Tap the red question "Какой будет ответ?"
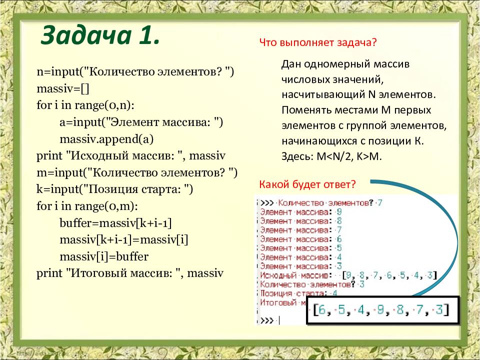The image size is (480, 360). click(x=307, y=184)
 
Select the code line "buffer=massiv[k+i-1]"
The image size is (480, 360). click(x=115, y=223)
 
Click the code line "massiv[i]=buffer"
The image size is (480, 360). click(x=104, y=256)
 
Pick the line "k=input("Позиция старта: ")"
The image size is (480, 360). click(x=114, y=189)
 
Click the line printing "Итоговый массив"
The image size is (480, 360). click(x=130, y=273)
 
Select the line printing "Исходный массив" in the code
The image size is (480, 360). click(x=131, y=156)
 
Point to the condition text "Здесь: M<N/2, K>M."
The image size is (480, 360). click(x=331, y=156)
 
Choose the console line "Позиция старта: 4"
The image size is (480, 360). click(x=298, y=293)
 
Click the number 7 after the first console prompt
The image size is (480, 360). click(x=380, y=202)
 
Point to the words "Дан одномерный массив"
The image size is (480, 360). click(x=345, y=65)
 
